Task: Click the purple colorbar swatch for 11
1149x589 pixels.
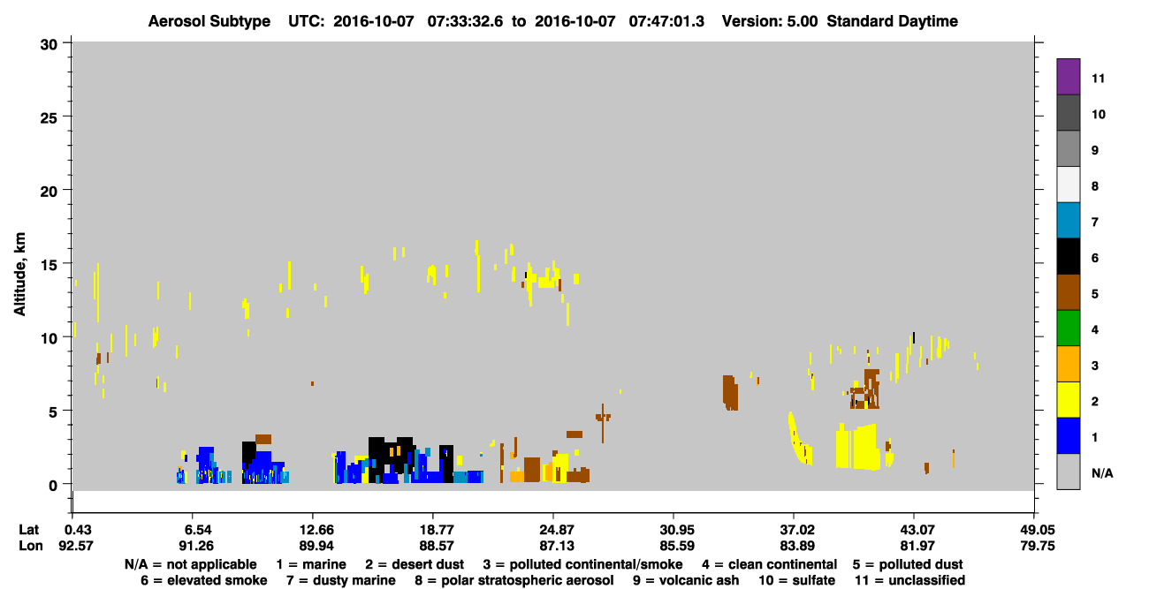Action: pos(1068,76)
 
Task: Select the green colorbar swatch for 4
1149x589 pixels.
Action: pos(1068,328)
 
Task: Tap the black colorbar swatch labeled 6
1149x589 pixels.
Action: pos(1068,256)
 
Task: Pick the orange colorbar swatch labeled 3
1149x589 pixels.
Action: pos(1068,364)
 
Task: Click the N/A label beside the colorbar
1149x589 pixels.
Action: pos(1102,473)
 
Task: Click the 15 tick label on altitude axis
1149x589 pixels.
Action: pos(49,265)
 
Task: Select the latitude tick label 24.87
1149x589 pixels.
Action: pos(557,529)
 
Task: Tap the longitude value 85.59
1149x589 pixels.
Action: pos(677,546)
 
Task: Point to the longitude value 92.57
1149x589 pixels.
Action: pos(76,546)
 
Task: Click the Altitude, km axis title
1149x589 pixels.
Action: pos(19,274)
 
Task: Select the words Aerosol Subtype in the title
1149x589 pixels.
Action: pos(209,21)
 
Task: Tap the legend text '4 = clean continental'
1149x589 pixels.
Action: pos(770,564)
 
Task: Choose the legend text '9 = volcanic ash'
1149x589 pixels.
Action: pos(686,580)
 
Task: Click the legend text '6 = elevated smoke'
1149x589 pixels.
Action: pos(203,580)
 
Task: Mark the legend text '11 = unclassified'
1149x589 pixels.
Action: pos(910,580)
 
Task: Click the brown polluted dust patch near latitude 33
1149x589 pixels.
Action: pos(730,393)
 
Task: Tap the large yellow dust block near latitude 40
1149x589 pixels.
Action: pos(857,447)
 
